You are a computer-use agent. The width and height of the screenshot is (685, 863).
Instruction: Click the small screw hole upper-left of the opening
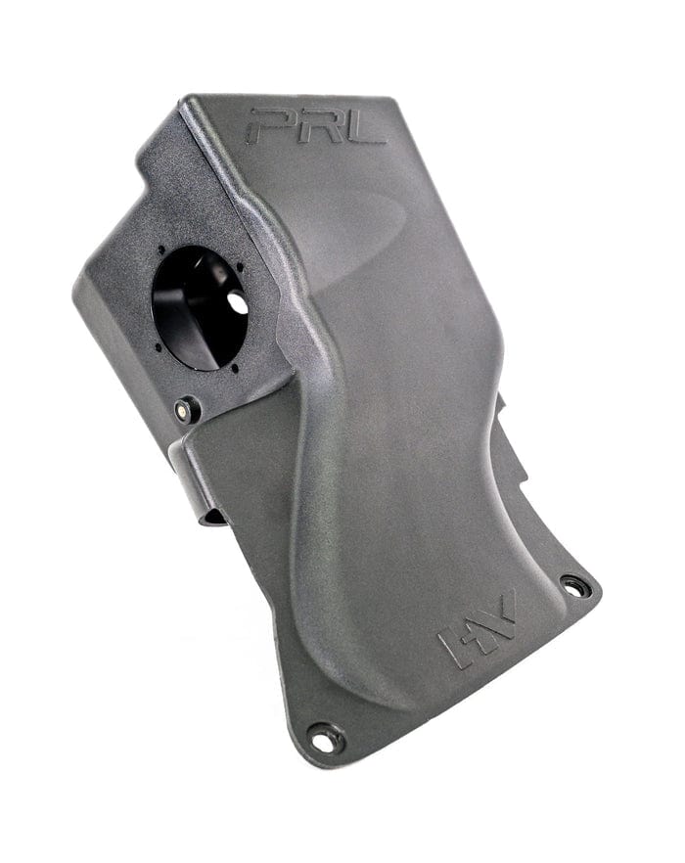pos(160,250)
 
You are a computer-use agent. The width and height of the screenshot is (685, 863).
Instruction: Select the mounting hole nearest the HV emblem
pos(574,588)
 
